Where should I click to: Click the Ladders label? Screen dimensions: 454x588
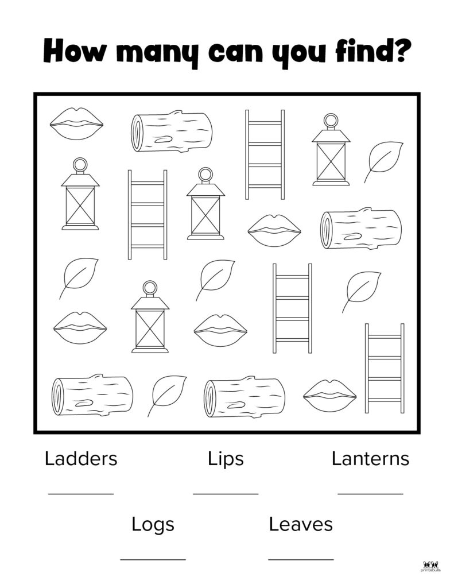(81, 459)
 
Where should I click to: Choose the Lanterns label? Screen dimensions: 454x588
(370, 459)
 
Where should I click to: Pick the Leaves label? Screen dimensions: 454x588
(301, 524)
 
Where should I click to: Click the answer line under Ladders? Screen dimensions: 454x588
(81, 494)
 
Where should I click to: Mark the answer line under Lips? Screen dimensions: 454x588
(226, 494)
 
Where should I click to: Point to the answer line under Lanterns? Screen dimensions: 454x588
(370, 494)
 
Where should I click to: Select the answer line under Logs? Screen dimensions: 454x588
(153, 560)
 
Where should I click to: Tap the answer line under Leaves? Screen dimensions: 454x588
(301, 560)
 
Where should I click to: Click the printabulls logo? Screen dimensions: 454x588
(430, 567)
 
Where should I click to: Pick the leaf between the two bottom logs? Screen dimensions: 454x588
(167, 396)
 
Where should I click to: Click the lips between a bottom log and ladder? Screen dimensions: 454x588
(329, 396)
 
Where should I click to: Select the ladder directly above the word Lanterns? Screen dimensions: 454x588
(385, 368)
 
